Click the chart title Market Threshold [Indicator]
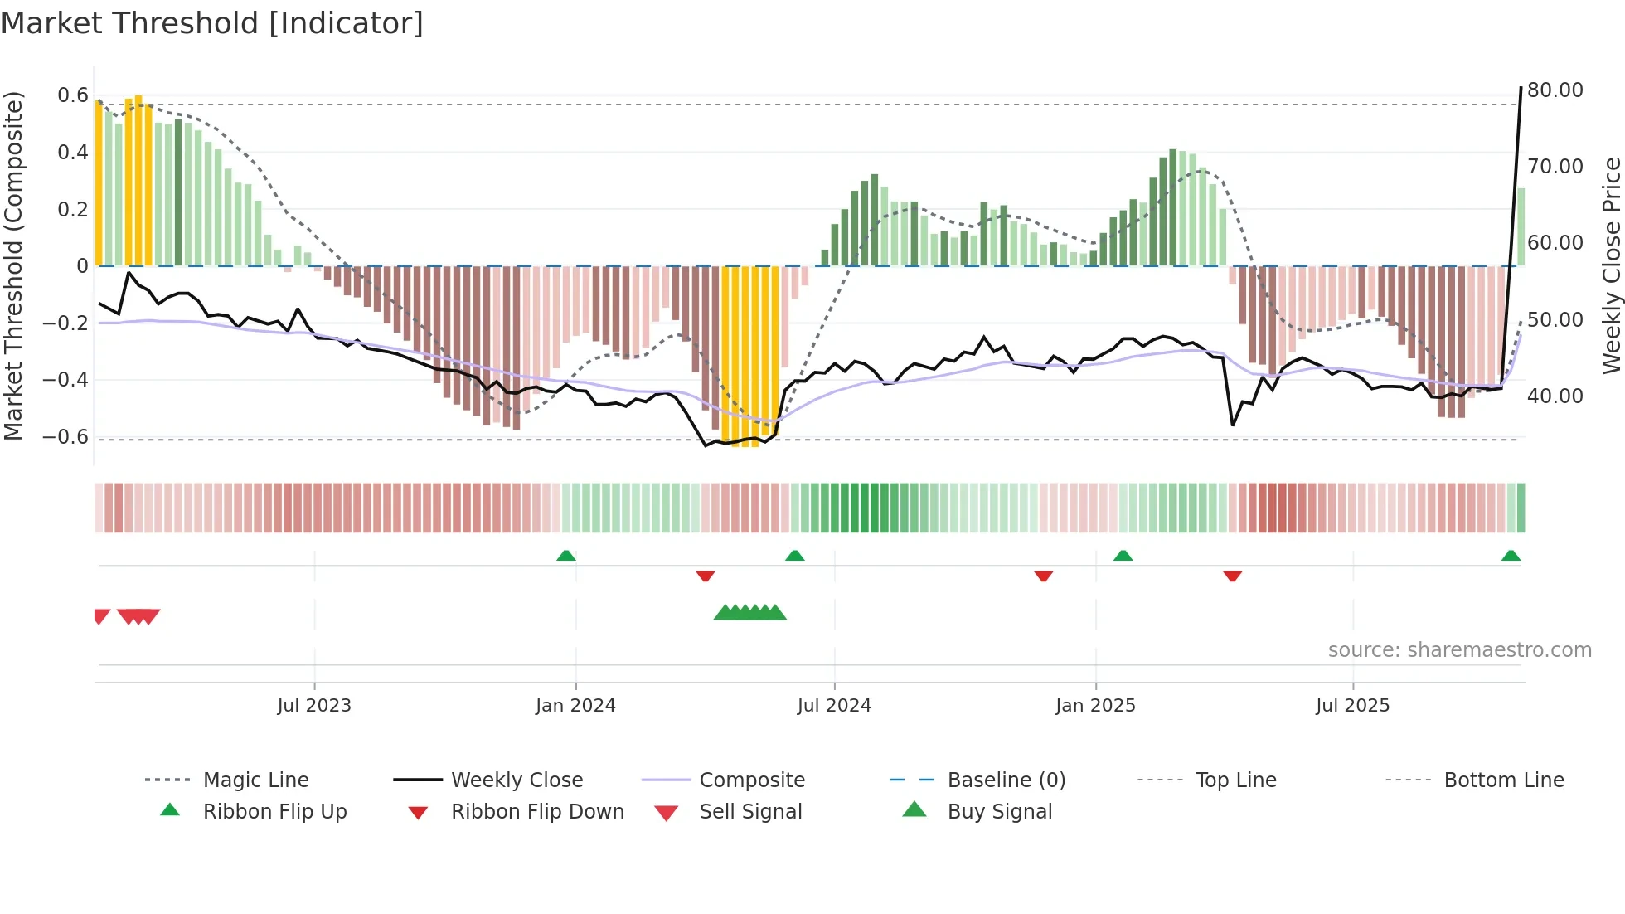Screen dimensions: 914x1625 tap(212, 23)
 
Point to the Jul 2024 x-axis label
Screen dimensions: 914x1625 tap(834, 706)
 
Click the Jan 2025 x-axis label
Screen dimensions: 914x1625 tap(1095, 706)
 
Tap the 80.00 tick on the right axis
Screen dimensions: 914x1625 tap(1555, 90)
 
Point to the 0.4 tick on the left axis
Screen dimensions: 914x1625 tap(73, 153)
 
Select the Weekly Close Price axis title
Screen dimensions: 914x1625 tap(1611, 265)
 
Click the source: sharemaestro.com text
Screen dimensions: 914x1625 tap(1459, 650)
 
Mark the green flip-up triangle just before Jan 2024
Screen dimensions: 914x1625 tap(566, 556)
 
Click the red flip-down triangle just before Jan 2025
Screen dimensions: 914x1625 tap(1044, 576)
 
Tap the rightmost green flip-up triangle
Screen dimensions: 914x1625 tap(1511, 556)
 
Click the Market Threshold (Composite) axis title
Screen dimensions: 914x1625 tap(13, 265)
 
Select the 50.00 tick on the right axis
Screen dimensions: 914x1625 tap(1555, 320)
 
